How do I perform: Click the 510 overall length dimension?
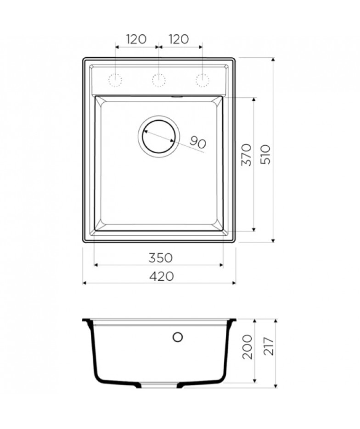[x=265, y=154]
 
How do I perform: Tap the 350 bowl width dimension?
[x=160, y=258]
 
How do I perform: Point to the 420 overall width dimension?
[x=162, y=276]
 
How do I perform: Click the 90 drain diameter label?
[x=197, y=142]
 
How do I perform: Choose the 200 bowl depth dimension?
[x=247, y=347]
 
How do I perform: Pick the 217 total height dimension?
[x=269, y=347]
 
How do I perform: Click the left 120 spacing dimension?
[x=136, y=39]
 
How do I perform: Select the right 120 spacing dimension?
[x=179, y=39]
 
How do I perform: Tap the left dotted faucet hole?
[x=115, y=80]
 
